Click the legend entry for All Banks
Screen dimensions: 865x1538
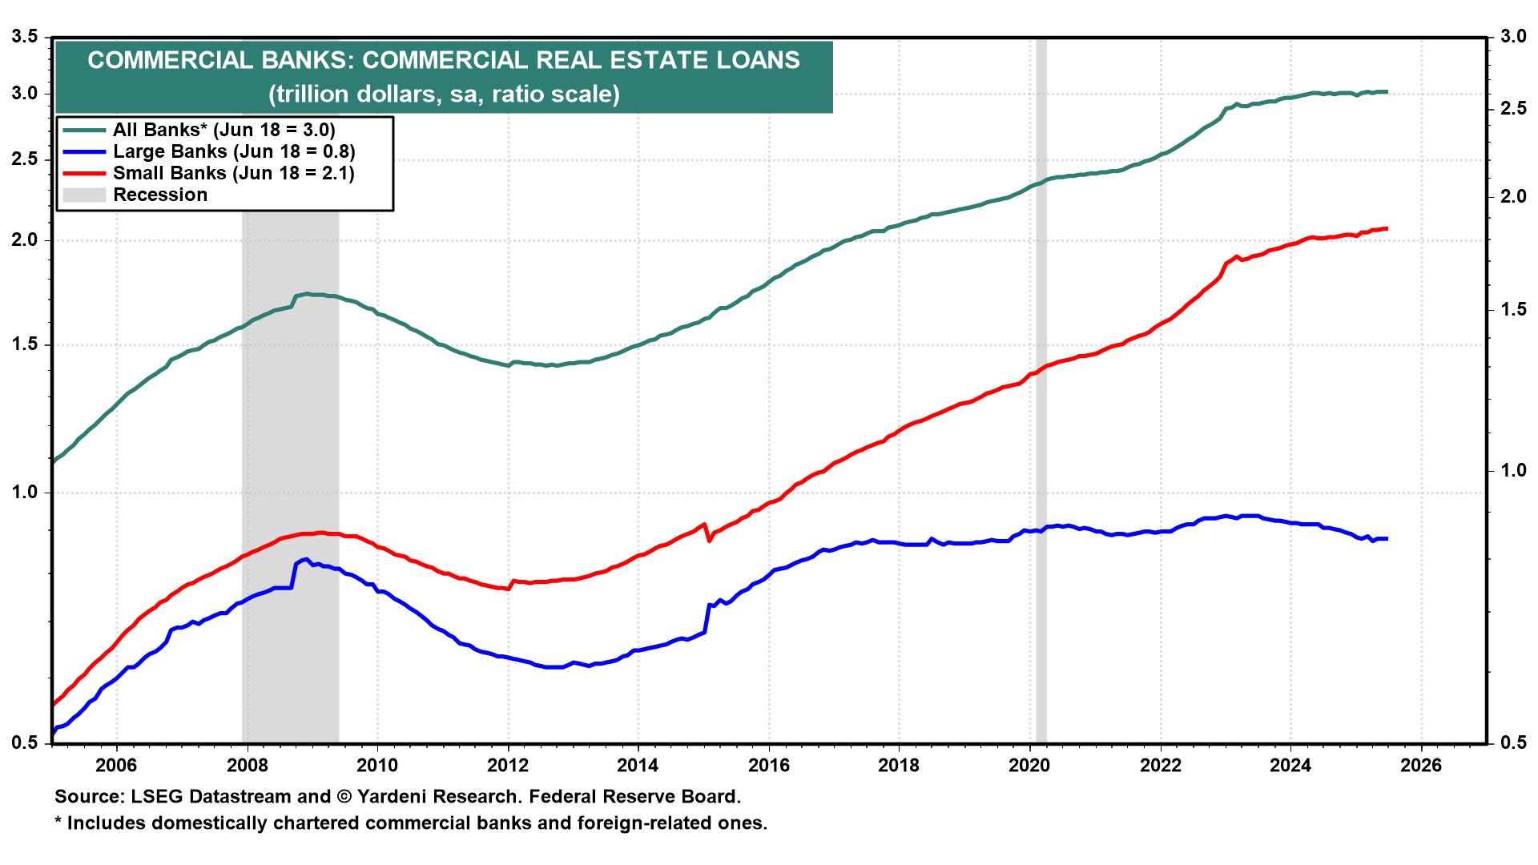point(223,130)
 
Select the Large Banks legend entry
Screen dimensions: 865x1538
point(233,151)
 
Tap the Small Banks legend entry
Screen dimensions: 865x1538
point(233,173)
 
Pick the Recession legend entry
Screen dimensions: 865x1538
point(159,195)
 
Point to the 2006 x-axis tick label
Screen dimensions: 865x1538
point(116,766)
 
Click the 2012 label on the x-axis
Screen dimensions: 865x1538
point(508,766)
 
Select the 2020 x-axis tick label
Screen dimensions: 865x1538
point(1029,766)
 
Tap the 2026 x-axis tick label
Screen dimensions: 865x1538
point(1420,766)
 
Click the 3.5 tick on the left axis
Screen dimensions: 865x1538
point(25,37)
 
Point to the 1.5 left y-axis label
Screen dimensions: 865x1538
point(25,344)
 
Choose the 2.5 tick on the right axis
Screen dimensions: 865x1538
point(1513,108)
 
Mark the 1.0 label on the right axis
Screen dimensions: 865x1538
point(1513,470)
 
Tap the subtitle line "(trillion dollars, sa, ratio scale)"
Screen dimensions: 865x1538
point(444,95)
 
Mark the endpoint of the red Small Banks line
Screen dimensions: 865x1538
point(1387,229)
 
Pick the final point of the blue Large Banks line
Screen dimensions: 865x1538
point(1387,539)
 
